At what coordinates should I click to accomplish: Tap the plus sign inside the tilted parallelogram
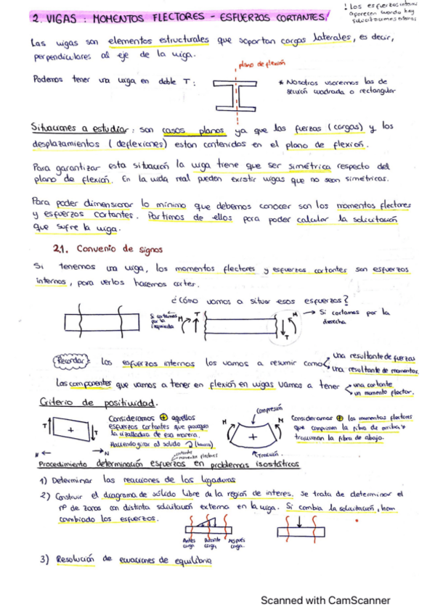click(70, 430)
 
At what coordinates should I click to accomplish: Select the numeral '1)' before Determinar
click(44, 481)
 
